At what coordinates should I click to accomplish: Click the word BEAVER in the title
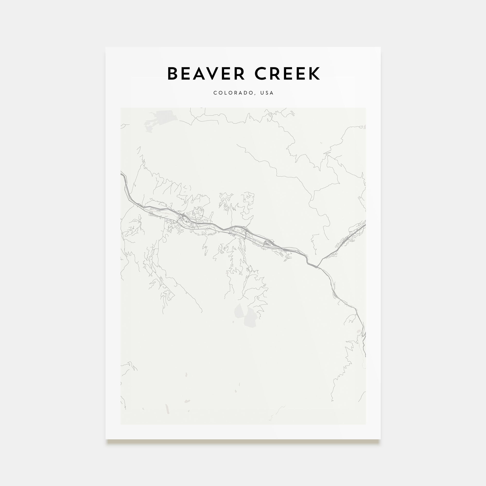coord(206,73)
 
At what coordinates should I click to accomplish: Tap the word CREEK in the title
coord(287,73)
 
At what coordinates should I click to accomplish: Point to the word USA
coord(267,93)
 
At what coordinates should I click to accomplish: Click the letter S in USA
coord(267,93)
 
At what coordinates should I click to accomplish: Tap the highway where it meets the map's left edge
coord(122,174)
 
